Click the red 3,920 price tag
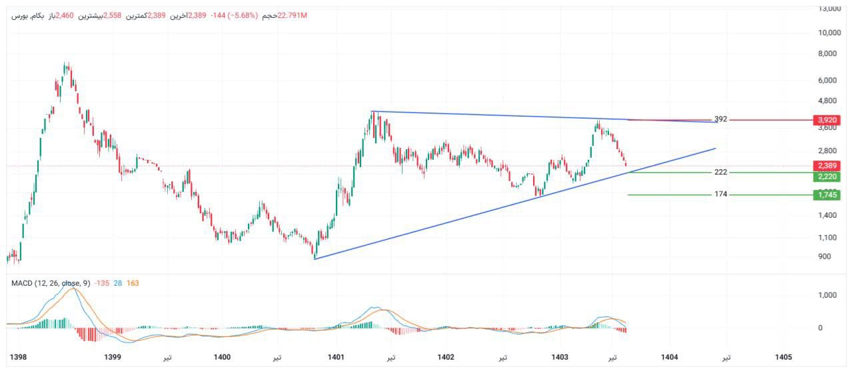point(826,120)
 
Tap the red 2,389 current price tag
point(826,165)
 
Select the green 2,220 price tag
point(826,177)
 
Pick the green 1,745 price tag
point(826,194)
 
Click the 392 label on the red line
point(720,119)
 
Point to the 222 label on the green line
point(720,172)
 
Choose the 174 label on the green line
point(720,194)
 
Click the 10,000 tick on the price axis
point(828,32)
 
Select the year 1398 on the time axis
point(19,357)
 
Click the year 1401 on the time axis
point(336,357)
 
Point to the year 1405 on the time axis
point(783,357)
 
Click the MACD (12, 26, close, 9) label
point(51,283)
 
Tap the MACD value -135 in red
point(101,283)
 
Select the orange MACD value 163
point(132,283)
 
